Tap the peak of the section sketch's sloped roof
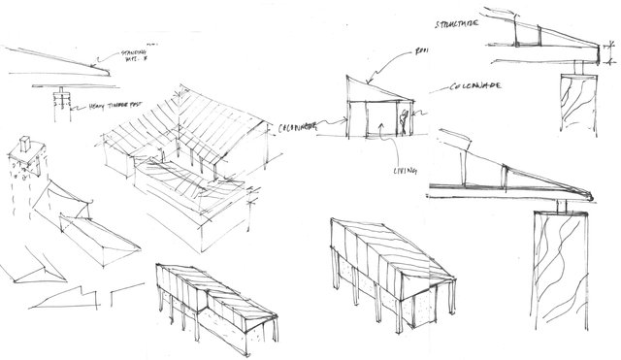click(348, 76)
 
